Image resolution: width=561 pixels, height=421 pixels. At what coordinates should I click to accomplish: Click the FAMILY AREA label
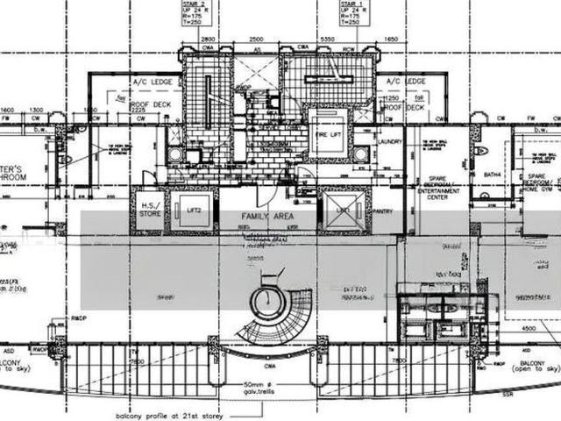coord(262,215)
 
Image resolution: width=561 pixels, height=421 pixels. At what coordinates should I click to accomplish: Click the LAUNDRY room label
coord(391,141)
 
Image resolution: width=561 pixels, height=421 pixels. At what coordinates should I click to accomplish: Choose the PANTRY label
coord(383,213)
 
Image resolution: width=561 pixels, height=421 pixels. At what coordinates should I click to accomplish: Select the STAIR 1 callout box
coord(352,18)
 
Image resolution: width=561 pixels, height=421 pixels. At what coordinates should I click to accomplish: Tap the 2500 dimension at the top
coord(257,40)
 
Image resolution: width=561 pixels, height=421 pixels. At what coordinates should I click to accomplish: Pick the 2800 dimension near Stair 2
coord(208,40)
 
